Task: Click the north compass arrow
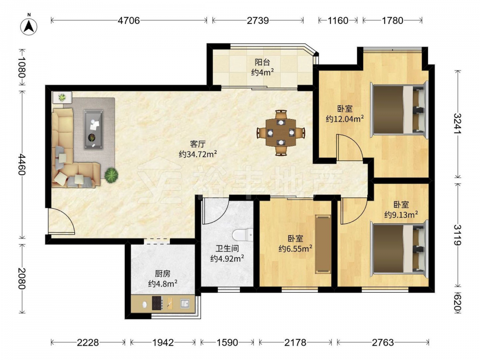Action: pos(29,26)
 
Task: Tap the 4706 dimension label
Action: pos(129,21)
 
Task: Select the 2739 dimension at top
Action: pos(258,21)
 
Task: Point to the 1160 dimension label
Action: pos(338,21)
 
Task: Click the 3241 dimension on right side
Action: pos(457,123)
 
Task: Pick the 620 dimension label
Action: pos(457,301)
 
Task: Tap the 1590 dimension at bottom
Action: pos(227,342)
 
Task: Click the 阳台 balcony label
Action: pos(263,62)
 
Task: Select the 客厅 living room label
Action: pos(198,144)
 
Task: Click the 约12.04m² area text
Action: pos(345,119)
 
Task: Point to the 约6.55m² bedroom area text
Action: pos(295,248)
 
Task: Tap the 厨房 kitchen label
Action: pos(163,274)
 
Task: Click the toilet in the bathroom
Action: pos(242,235)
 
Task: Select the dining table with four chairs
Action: pos(281,133)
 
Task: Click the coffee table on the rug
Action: pos(94,130)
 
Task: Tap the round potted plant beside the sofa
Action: pos(111,175)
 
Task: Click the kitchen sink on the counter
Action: pos(185,304)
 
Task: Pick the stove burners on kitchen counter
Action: pos(157,303)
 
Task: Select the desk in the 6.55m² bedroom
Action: pos(323,244)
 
